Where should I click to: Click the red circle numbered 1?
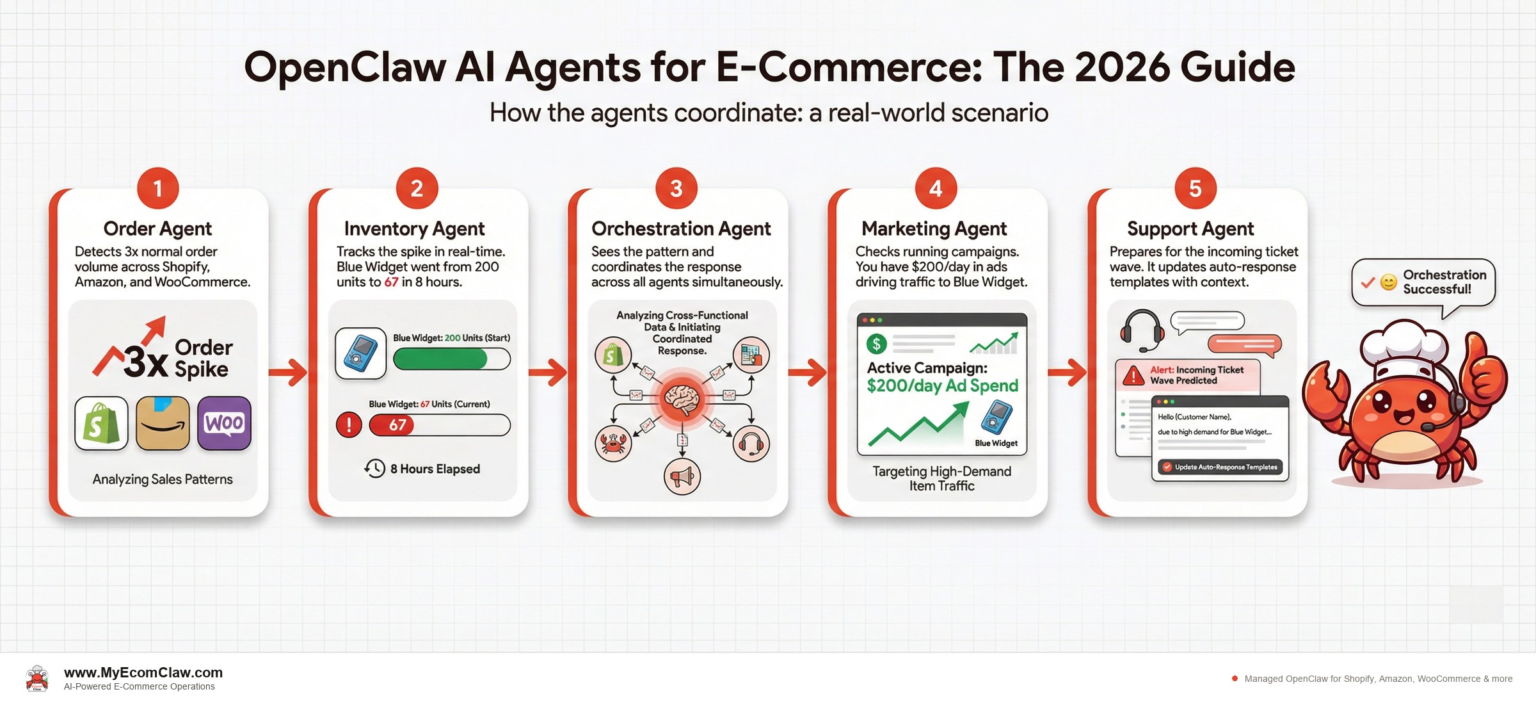point(157,188)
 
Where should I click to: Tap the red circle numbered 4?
point(935,188)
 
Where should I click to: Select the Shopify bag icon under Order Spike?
point(101,423)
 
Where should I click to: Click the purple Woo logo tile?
point(224,423)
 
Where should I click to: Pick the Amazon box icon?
point(163,423)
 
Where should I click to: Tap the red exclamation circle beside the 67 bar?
point(349,424)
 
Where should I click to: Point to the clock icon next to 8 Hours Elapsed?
point(375,469)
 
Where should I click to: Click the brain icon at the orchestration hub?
point(682,399)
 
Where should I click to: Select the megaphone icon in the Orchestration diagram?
point(682,476)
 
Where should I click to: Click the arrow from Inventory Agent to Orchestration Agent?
point(548,372)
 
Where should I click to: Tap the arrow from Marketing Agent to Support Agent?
point(1067,372)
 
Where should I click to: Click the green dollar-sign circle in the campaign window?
point(876,344)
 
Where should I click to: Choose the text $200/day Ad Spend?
point(942,385)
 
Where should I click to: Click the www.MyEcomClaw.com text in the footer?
point(143,672)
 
